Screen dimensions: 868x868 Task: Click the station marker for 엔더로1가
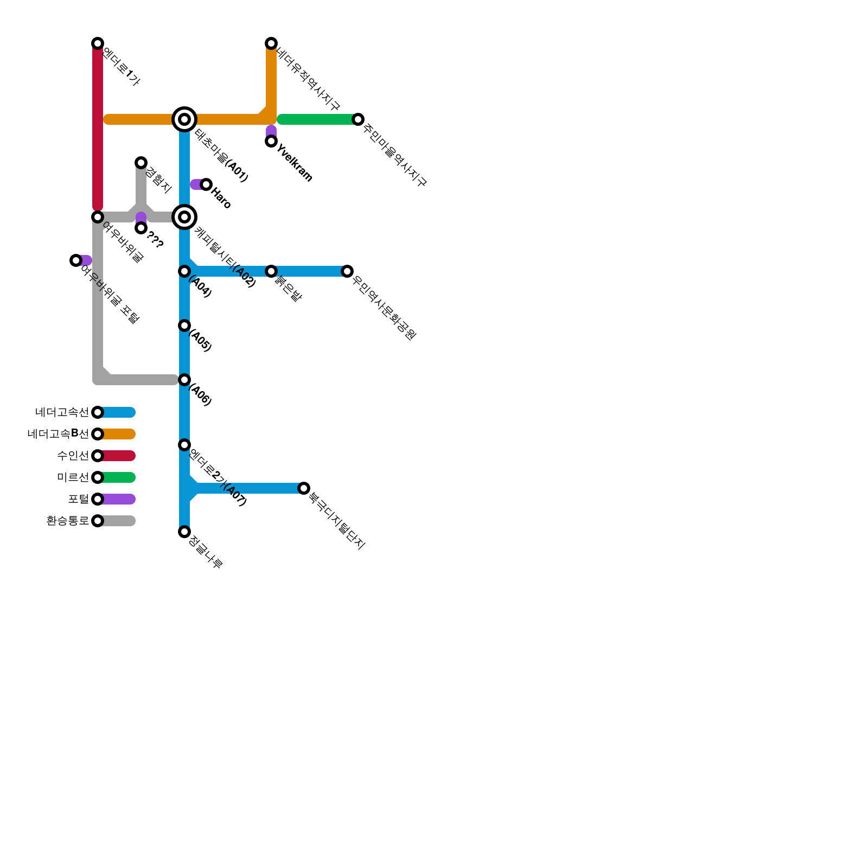tap(98, 43)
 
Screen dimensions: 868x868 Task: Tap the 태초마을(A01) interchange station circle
tap(184, 119)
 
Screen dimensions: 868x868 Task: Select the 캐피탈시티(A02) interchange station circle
tap(184, 217)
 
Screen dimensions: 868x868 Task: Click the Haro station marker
tap(206, 184)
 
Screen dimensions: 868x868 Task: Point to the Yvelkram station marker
tap(271, 141)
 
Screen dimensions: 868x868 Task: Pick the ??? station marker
tap(141, 228)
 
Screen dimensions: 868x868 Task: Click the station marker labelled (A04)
tap(184, 271)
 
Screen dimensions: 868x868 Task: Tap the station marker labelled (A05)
tap(184, 325)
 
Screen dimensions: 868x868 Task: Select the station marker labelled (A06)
tap(184, 380)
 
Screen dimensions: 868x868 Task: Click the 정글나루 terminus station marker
tap(184, 532)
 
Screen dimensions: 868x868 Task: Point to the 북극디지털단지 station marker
tap(304, 488)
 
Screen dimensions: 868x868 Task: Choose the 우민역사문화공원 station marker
tap(347, 271)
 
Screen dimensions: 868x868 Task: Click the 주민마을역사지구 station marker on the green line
tap(358, 119)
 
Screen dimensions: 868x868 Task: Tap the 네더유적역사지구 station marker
tap(271, 43)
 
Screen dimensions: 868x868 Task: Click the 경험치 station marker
tap(141, 163)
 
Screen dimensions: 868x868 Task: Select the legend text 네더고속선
tap(62, 412)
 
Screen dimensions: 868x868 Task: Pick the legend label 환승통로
tap(67, 521)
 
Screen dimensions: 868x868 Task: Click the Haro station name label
tap(221, 198)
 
